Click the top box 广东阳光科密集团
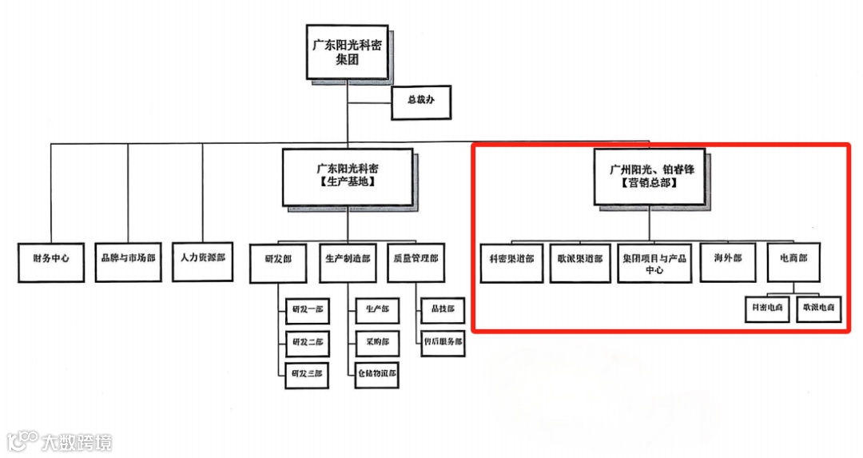[x=348, y=52]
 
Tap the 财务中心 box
[x=51, y=260]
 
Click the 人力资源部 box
[x=203, y=260]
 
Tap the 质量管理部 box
[x=416, y=260]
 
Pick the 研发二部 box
[x=307, y=342]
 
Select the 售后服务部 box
[x=443, y=342]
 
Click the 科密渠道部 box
[x=511, y=260]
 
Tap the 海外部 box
[x=727, y=260]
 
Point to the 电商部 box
[x=793, y=260]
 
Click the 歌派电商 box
[x=819, y=309]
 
